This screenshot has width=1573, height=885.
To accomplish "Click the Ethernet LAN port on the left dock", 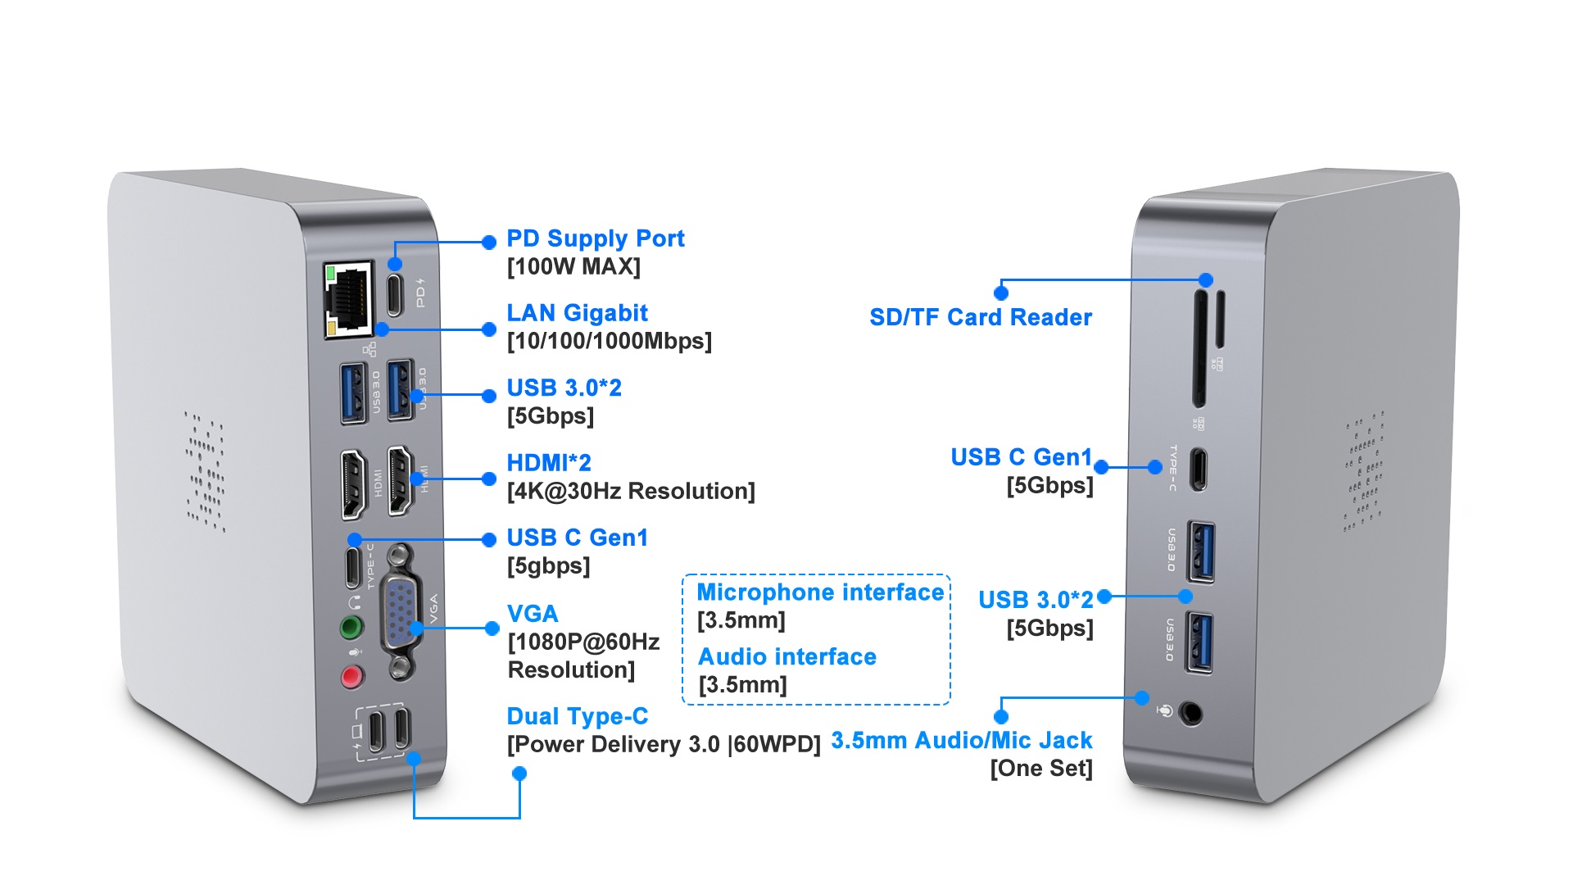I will click(x=349, y=300).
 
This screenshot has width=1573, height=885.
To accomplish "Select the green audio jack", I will click(x=351, y=629).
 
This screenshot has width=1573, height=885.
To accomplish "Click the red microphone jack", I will click(x=352, y=677).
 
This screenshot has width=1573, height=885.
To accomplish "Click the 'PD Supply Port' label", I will click(x=595, y=238).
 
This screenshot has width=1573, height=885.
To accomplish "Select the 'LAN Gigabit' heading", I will click(x=577, y=313).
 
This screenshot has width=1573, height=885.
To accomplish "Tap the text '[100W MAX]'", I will click(x=573, y=266).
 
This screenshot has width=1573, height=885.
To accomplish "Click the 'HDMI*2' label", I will click(x=548, y=463).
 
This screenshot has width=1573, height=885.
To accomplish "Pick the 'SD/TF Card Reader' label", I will click(x=981, y=317).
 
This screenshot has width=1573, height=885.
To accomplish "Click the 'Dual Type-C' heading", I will click(x=577, y=716).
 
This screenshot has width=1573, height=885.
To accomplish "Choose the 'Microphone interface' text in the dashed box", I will click(x=820, y=592).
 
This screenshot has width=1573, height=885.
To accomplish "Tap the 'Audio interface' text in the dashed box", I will click(x=786, y=657).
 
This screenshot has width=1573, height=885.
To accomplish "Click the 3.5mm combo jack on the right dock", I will click(x=1190, y=714).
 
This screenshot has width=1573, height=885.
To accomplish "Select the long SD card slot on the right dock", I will click(x=1199, y=347).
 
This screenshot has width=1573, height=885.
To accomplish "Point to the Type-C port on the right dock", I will click(x=1198, y=469).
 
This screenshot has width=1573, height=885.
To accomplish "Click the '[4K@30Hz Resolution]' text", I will click(x=631, y=491).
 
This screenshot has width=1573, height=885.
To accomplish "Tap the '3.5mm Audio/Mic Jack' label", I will click(x=961, y=741).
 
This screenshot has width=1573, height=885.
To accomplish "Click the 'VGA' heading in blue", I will click(x=533, y=614).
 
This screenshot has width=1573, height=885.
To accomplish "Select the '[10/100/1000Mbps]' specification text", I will click(x=609, y=341).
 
